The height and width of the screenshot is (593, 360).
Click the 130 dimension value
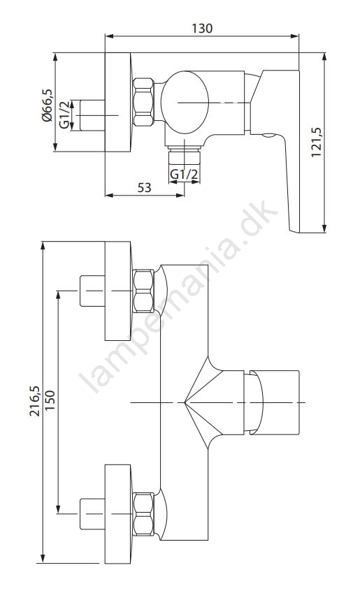pyautogui.click(x=202, y=29)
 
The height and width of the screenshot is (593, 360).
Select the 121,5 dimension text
pyautogui.click(x=316, y=142)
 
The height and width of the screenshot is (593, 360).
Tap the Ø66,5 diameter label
pyautogui.click(x=48, y=105)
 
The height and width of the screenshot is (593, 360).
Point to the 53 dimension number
pyautogui.click(x=144, y=187)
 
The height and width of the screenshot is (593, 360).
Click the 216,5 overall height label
pyautogui.click(x=34, y=401)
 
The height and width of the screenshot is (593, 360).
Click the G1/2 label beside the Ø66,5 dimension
pyautogui.click(x=64, y=115)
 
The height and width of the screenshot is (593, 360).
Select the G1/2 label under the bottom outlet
pyautogui.click(x=184, y=175)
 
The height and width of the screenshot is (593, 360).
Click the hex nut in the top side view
pyautogui.click(x=143, y=102)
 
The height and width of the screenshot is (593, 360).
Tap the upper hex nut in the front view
pyautogui.click(x=143, y=291)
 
